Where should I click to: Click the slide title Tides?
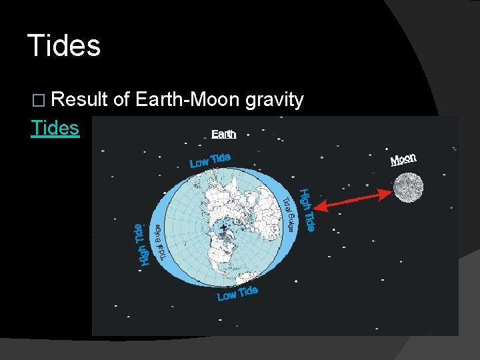tap(64, 46)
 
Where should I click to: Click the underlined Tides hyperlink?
tap(55, 128)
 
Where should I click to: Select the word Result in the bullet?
tap(79, 100)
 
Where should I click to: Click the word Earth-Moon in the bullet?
tap(187, 100)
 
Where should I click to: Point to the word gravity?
tap(275, 101)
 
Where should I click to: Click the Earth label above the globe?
tap(223, 134)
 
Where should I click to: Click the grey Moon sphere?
tap(407, 187)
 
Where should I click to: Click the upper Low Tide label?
tap(210, 161)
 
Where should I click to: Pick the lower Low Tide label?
tap(237, 293)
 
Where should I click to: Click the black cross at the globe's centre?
tap(223, 228)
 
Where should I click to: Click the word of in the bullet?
tap(121, 100)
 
